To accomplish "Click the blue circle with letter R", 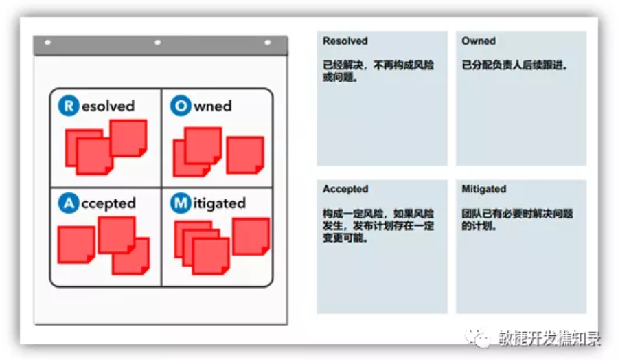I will [69, 106].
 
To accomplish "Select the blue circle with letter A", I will [69, 203].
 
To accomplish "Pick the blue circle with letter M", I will [181, 203].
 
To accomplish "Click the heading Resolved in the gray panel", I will [345, 41].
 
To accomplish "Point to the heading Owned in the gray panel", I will [479, 41].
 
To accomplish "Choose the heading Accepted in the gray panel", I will [345, 189].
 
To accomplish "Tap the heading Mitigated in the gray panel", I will [484, 189].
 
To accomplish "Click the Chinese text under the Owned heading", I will [515, 66].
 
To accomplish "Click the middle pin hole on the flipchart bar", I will [157, 43].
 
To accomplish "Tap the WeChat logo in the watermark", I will [476, 337].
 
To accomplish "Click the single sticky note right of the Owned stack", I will [245, 155].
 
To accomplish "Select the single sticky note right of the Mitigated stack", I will [251, 236].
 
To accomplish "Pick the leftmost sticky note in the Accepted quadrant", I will [76, 245].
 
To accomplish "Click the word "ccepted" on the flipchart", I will [108, 204].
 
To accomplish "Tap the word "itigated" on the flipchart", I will [219, 204].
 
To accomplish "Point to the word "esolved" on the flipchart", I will [108, 106].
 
